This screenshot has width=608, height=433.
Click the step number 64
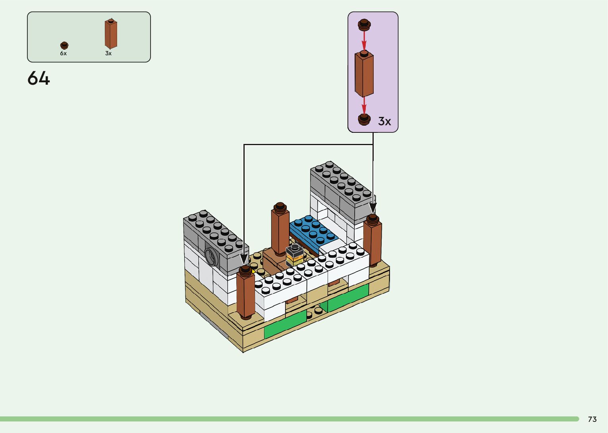point(39,78)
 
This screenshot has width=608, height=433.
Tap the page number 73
point(592,419)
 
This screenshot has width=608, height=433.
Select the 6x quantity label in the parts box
point(64,53)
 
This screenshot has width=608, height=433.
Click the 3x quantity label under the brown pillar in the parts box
point(108,53)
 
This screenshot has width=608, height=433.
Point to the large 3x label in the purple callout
point(384,121)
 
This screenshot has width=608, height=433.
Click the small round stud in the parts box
point(64,45)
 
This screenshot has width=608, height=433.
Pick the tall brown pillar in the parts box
point(111,34)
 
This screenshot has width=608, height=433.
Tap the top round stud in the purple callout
point(364,25)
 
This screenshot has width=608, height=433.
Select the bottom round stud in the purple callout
point(364,119)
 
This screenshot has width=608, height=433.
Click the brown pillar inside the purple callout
point(364,74)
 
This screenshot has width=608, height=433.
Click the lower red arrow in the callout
point(364,105)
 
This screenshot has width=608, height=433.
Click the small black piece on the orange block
point(294,250)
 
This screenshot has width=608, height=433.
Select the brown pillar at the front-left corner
point(246,294)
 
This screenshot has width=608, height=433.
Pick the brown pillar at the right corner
point(372,241)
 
